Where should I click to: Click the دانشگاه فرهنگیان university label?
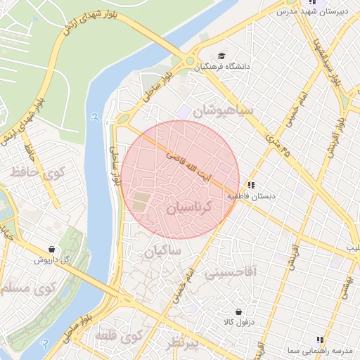click(250, 67)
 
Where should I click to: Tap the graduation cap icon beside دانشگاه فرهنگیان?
click(221, 56)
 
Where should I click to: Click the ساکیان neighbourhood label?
click(163, 250)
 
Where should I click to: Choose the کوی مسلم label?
click(28, 288)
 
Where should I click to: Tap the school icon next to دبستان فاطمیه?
click(252, 185)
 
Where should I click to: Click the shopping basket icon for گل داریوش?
click(52, 249)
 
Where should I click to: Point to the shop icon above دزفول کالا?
click(239, 310)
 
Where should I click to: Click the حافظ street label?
click(28, 148)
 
